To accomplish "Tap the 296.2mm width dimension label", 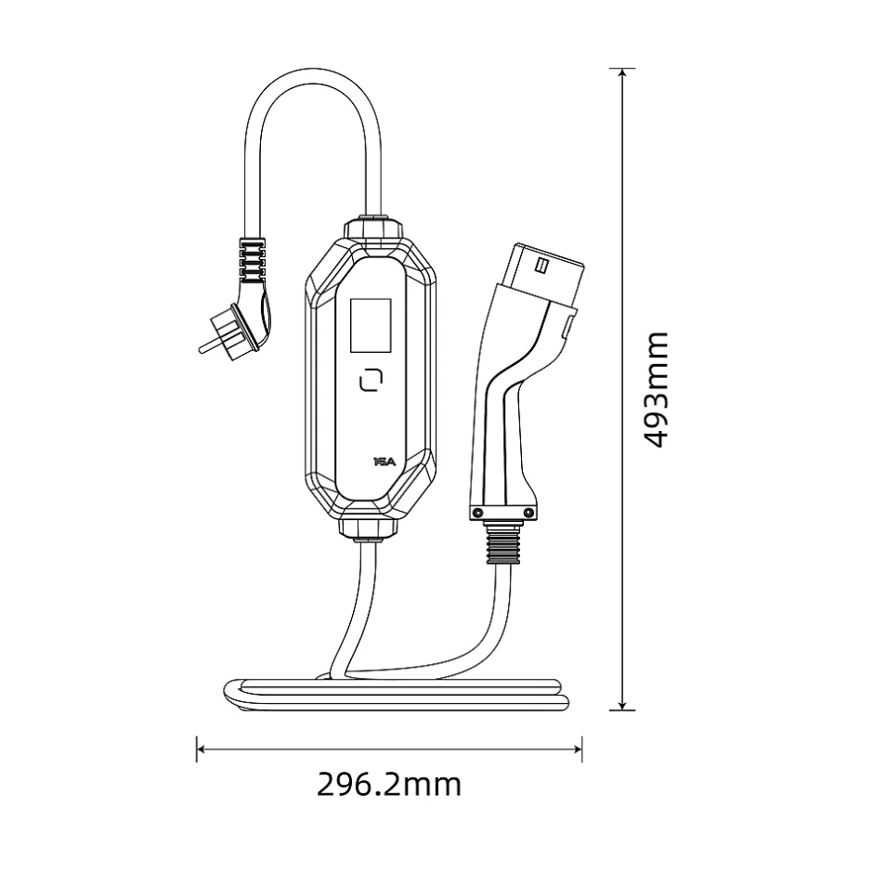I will [x=389, y=785].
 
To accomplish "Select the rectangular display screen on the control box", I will [x=370, y=325].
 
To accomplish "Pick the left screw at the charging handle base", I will [x=476, y=513].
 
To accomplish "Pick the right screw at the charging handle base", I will [x=528, y=513].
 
